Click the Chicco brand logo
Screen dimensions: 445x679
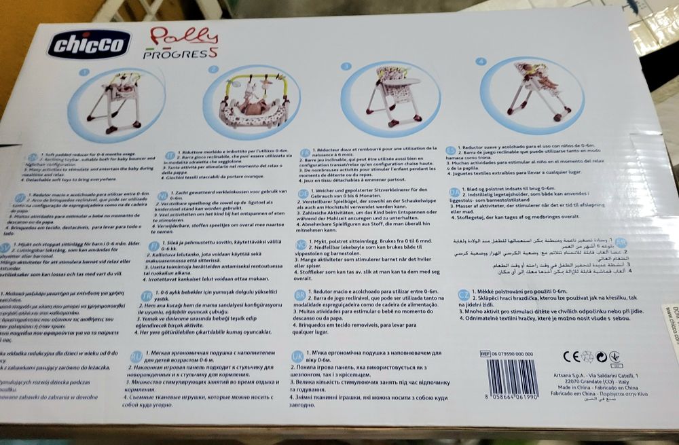click(88, 44)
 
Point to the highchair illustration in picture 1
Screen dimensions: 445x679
click(118, 101)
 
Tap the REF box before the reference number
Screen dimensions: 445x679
click(485, 354)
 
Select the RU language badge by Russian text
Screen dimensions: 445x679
click(136, 356)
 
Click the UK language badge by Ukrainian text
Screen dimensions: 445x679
click(297, 356)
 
